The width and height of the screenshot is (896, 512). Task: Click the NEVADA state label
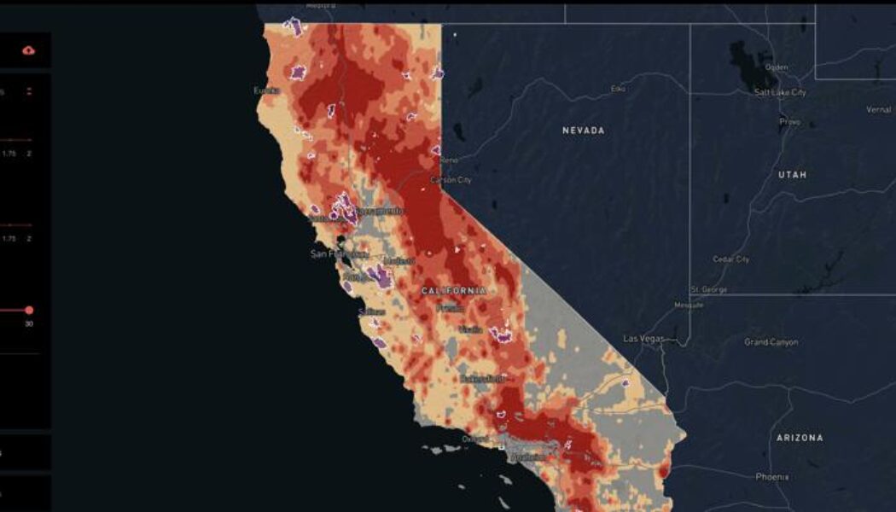[583, 131]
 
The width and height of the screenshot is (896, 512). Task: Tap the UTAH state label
[791, 174]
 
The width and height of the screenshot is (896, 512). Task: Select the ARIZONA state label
[800, 438]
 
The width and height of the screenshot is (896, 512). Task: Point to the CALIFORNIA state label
[454, 291]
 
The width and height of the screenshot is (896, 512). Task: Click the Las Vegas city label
[643, 339]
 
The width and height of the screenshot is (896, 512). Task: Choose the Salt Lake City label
[780, 92]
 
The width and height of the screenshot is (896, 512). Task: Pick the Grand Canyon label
[771, 342]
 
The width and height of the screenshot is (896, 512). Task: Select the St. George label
[709, 290]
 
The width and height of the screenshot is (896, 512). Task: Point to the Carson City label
[451, 180]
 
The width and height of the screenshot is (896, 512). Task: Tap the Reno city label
[450, 160]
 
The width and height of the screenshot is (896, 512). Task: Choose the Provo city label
[789, 122]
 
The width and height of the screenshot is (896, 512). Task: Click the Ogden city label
[777, 67]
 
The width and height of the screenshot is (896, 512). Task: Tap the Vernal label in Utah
[878, 109]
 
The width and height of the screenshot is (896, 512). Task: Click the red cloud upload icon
[28, 50]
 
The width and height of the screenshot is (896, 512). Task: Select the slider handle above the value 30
[28, 310]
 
